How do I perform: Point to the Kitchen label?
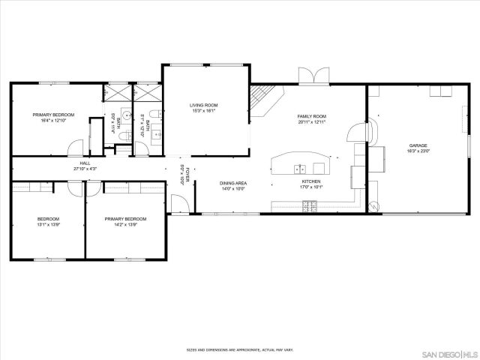[311, 184]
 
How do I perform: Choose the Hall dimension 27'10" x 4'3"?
[85, 169]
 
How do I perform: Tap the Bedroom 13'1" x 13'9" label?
[49, 221]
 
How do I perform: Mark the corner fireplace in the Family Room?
[261, 97]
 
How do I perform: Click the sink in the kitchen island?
[300, 168]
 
